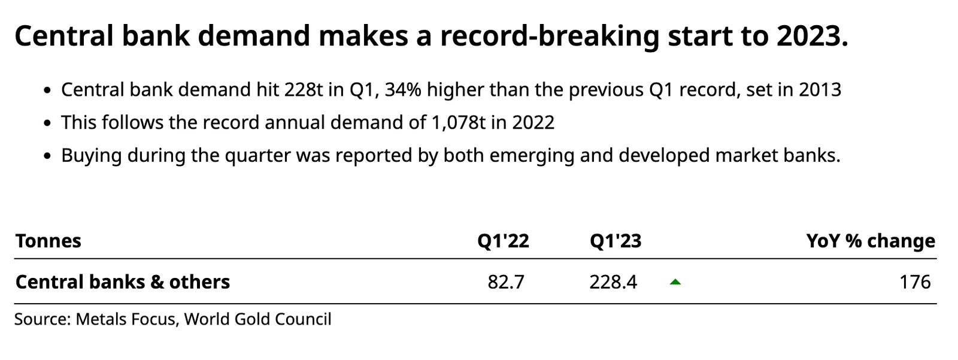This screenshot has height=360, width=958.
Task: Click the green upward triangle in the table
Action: [x=675, y=282]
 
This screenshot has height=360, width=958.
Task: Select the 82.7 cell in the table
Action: [x=506, y=282]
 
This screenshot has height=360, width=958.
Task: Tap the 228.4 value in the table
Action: [x=613, y=282]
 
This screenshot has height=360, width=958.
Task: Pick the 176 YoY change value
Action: [x=915, y=282]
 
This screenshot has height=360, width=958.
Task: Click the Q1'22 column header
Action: [x=504, y=241]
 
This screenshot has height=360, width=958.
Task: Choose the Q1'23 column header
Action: [x=616, y=241]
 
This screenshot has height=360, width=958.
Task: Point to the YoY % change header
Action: [x=871, y=241]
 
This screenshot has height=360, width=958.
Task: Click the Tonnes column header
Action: [x=48, y=241]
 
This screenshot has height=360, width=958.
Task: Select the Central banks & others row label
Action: [x=123, y=282]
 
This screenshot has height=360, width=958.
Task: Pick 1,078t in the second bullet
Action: [x=459, y=123]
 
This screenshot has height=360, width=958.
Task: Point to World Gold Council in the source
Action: [x=258, y=319]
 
